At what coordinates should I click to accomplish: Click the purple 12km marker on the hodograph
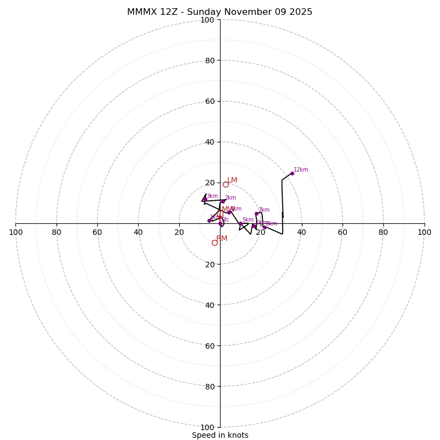(292, 174)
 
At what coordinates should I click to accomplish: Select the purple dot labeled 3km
(205, 200)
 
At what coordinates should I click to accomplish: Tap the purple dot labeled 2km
(223, 201)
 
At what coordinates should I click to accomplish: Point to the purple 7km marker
(256, 213)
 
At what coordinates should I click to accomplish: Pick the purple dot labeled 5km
(240, 224)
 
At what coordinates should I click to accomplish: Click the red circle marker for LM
(226, 184)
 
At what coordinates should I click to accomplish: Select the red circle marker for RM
(215, 243)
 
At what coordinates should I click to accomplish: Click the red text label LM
(232, 180)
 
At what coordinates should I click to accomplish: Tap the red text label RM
(222, 239)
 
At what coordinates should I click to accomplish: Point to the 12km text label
(301, 170)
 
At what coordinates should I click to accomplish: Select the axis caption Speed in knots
(220, 435)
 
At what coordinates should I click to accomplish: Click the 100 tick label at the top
(207, 20)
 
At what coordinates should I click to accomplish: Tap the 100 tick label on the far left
(15, 232)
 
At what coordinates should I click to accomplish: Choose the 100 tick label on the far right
(424, 232)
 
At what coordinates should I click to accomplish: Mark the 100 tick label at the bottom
(207, 427)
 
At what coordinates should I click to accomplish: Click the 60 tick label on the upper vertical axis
(210, 101)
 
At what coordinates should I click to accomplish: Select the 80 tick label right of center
(383, 232)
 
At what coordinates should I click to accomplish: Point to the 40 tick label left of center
(138, 232)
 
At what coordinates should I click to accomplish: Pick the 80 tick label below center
(210, 386)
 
